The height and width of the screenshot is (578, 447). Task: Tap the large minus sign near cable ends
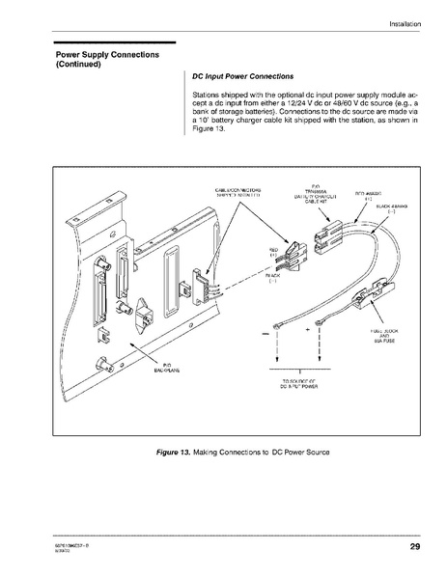[264, 334]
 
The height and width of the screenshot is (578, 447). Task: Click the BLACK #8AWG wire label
[391, 208]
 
